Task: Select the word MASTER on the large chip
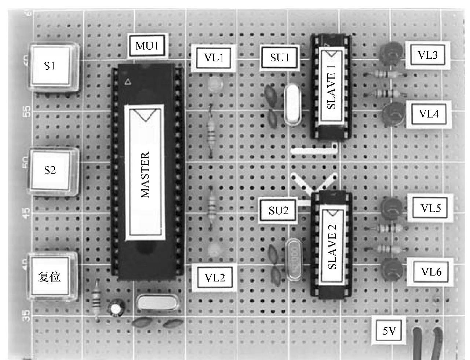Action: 145,175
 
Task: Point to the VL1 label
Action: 214,58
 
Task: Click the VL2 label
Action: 215,278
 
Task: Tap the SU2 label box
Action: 278,210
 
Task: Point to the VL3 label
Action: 427,55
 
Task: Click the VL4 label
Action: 429,114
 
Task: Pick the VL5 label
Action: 430,208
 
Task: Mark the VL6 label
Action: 431,272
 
